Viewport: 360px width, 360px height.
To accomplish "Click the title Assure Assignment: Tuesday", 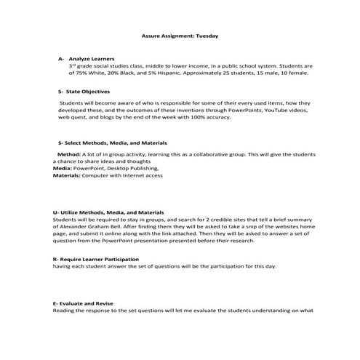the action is [179, 34].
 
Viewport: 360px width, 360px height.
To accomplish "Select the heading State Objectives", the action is [84, 92].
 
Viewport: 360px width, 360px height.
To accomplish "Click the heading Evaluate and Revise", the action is [85, 301].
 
